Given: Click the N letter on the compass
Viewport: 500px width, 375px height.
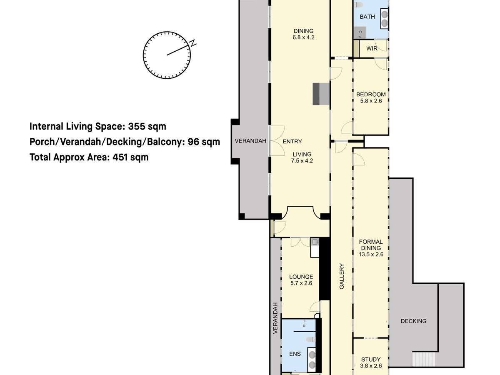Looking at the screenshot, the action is click(193, 43).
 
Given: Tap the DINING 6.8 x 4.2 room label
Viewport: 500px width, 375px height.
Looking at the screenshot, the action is click(303, 34).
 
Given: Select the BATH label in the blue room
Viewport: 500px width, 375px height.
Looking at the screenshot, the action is click(367, 17).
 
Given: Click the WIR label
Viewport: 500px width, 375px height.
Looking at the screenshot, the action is click(372, 48).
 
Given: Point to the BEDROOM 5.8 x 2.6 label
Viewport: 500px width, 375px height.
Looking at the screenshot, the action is click(371, 97).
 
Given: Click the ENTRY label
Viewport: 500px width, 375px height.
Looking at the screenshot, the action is click(292, 141).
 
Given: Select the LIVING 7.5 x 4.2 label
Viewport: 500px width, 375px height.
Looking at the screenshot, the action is click(302, 157).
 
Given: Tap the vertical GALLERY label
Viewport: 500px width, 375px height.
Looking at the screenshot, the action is click(341, 276).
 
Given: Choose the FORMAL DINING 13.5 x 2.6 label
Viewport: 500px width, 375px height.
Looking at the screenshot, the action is click(371, 248).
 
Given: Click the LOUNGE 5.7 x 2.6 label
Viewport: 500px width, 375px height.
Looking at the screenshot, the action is click(301, 280).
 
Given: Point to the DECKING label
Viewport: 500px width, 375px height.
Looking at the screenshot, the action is click(413, 321).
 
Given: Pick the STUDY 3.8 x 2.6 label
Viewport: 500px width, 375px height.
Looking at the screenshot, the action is click(371, 362).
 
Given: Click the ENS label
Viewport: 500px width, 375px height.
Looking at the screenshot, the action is click(295, 354).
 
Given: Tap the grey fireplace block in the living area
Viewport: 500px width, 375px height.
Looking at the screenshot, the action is click(321, 94).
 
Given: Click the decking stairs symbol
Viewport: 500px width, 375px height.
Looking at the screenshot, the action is click(424, 359).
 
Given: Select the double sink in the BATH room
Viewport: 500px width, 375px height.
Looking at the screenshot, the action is click(385, 18).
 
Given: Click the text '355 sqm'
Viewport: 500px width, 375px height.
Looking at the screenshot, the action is click(147, 126).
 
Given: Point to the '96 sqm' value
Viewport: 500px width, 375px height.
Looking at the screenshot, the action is click(204, 142).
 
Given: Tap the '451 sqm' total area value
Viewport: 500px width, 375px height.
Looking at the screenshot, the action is click(130, 157).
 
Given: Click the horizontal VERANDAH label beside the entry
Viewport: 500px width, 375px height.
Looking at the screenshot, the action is click(250, 141).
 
